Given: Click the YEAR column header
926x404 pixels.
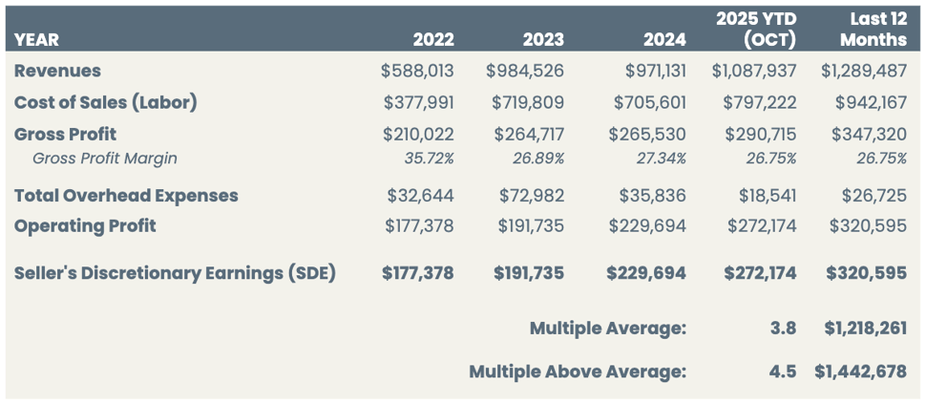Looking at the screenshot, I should (36, 39).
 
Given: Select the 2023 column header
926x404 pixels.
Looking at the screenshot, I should (543, 39).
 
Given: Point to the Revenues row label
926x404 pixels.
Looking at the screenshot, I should (57, 71).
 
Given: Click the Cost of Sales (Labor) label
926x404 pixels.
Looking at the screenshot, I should (105, 102).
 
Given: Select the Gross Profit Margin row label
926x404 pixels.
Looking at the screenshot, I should (105, 159).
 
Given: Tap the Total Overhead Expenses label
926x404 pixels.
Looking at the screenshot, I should (126, 195).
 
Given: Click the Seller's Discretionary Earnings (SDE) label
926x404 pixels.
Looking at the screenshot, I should (175, 273).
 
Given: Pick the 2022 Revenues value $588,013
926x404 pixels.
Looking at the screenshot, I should (418, 71).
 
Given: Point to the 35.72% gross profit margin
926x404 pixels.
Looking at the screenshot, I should (429, 159).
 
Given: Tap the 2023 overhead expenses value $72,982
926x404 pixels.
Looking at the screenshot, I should (531, 195).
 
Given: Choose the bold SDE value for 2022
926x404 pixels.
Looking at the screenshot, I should (418, 273).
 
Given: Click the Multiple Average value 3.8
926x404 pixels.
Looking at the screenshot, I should (783, 329).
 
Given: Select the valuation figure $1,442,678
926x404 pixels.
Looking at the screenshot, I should (860, 372).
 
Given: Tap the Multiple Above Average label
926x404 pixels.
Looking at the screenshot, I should (577, 372).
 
